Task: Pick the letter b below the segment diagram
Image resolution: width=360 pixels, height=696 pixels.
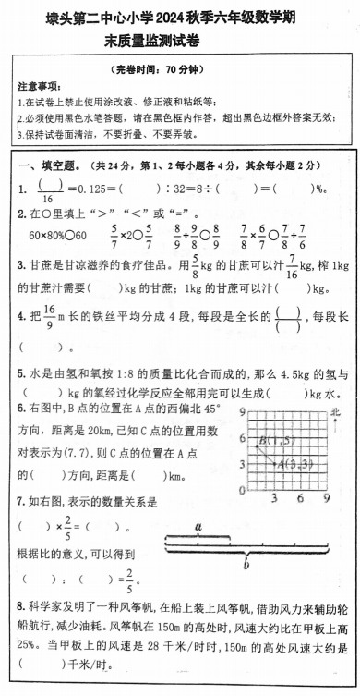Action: (x=245, y=559)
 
